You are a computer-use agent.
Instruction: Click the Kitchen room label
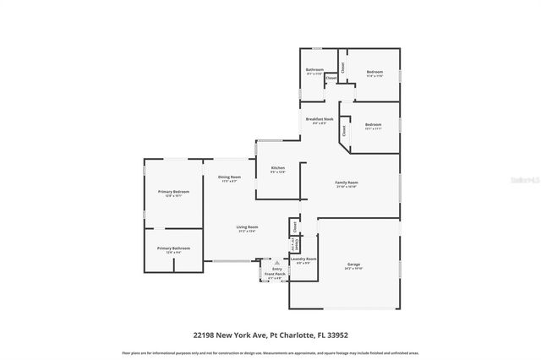(x=278, y=169)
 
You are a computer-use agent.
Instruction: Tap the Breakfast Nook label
(x=320, y=120)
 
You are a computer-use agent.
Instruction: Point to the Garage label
(x=353, y=265)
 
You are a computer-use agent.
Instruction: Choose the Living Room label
(x=247, y=227)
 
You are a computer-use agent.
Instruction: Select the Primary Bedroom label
(x=173, y=193)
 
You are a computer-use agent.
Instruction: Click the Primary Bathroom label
(x=172, y=248)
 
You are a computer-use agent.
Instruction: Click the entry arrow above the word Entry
(x=276, y=263)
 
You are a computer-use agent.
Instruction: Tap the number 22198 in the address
(x=204, y=335)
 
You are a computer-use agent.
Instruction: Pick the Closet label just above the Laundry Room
(x=294, y=226)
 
